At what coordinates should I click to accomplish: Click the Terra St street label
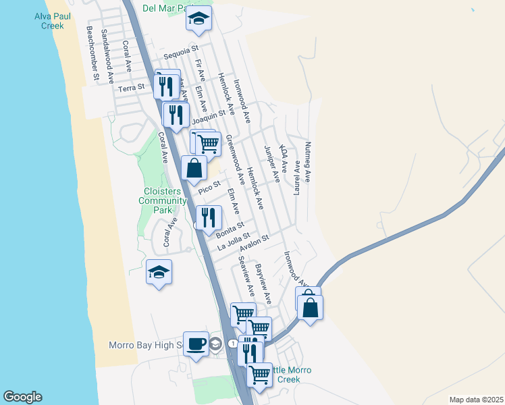point(131,88)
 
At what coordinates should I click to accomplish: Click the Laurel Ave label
point(296,178)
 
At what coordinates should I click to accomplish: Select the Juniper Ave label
point(271,163)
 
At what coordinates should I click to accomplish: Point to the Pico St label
point(210,186)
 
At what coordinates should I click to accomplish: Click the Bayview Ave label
point(263,283)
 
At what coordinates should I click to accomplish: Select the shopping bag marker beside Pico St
point(194,169)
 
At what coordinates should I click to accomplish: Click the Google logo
point(22,397)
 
